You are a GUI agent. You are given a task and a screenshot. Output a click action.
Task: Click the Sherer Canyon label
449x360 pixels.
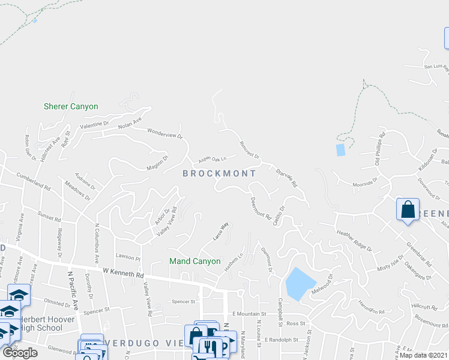(x=71, y=107)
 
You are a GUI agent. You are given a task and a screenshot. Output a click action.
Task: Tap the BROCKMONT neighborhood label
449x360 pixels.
(x=219, y=173)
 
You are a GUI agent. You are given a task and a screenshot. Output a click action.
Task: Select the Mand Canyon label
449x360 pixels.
(x=195, y=262)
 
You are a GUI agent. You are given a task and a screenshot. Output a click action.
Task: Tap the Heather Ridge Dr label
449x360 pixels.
(x=354, y=240)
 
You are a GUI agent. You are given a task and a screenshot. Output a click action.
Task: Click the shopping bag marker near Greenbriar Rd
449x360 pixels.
(x=408, y=210)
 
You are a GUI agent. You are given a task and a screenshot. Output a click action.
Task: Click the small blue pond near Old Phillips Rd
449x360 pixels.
(x=341, y=149)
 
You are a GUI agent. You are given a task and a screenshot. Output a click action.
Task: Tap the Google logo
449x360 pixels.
(x=20, y=353)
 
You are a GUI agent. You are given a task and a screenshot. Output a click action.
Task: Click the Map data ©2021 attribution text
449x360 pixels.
(x=424, y=355)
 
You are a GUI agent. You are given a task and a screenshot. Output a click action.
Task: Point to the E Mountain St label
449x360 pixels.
(x=249, y=314)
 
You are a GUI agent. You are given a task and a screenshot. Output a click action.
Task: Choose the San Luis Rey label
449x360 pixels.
(x=436, y=67)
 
